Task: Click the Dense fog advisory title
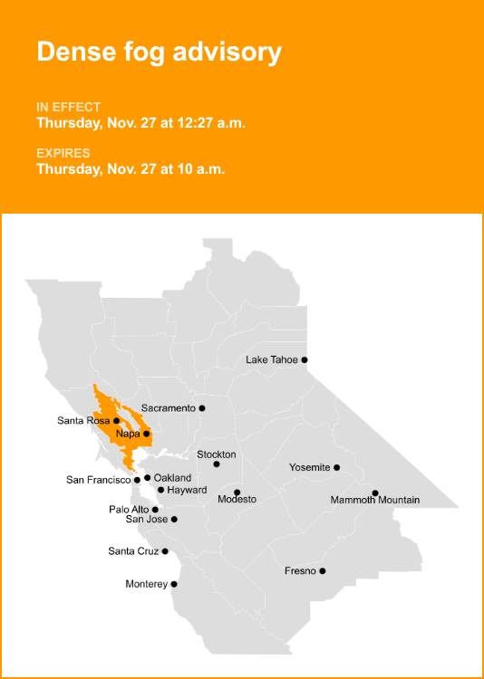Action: (159, 52)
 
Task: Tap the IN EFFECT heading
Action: (69, 107)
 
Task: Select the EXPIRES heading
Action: (63, 153)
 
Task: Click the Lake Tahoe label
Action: (272, 360)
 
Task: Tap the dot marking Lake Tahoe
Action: (305, 360)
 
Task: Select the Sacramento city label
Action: (168, 408)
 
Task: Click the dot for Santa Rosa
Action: (117, 421)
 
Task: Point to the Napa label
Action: (128, 435)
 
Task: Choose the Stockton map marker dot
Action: (217, 464)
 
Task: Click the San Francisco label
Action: (98, 480)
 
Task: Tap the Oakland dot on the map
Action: (147, 478)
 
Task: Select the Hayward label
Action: (188, 490)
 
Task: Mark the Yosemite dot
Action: (337, 468)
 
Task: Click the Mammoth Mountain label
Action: (375, 500)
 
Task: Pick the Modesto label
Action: (237, 500)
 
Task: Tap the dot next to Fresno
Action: (323, 571)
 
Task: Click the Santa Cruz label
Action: (133, 551)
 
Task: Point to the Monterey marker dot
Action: (174, 585)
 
